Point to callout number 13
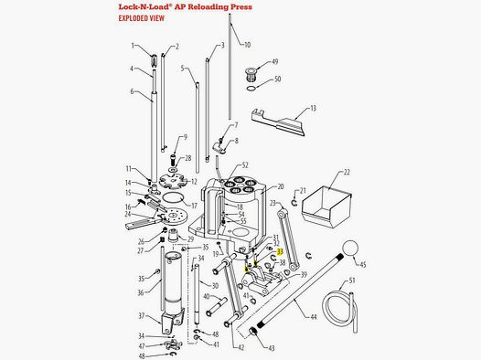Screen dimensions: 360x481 click(x=312, y=109)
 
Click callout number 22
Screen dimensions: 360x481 click(x=346, y=171)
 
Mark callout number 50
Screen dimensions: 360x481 click(x=276, y=79)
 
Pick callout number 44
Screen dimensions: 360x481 click(x=314, y=316)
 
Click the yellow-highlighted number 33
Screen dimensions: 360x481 click(x=282, y=251)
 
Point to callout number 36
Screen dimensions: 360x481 click(x=142, y=292)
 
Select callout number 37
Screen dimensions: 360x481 click(x=141, y=316)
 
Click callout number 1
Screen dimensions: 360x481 click(x=133, y=45)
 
